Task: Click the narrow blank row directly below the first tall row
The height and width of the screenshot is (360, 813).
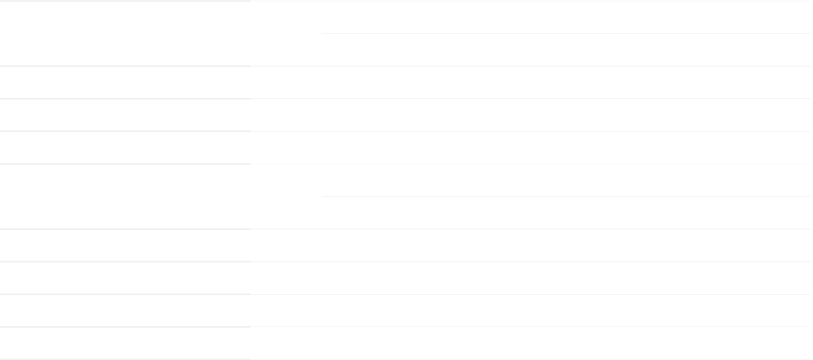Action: (x=406, y=82)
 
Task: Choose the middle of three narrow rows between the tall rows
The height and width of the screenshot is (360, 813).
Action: (x=406, y=115)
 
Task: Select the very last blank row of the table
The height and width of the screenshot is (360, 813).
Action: (x=406, y=343)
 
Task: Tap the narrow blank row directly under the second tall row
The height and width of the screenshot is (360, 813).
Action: (x=406, y=245)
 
